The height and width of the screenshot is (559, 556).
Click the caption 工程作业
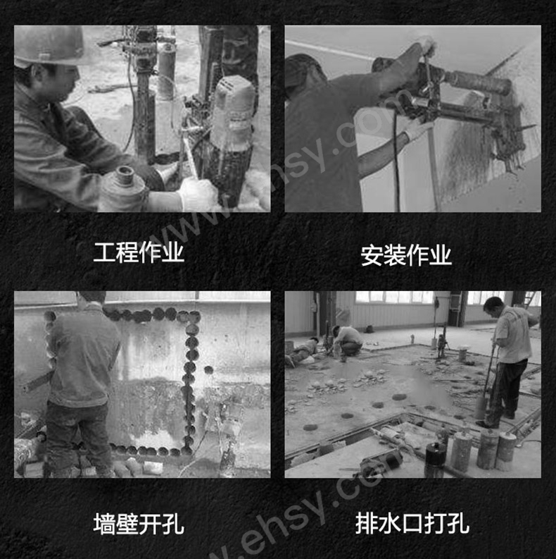click(x=139, y=252)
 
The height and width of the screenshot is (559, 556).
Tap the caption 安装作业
click(x=406, y=254)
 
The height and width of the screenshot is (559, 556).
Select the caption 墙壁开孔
click(x=139, y=524)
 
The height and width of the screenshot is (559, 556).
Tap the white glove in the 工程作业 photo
click(x=197, y=194)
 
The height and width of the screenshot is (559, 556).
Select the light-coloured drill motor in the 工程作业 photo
click(x=233, y=113)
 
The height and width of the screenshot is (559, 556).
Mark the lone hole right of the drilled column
click(x=208, y=369)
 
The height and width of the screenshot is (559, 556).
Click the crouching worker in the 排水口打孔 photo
click(x=348, y=340)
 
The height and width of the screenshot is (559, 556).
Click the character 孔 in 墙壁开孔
click(x=173, y=524)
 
